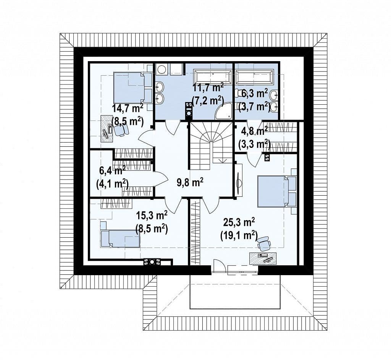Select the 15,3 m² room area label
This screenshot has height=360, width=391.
click(x=152, y=215)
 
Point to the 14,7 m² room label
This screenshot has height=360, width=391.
click(x=128, y=109)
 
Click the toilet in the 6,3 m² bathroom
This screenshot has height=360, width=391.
click(x=240, y=93)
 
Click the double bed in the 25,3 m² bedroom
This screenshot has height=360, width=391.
click(x=277, y=191)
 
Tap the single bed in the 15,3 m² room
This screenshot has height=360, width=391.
click(x=120, y=238)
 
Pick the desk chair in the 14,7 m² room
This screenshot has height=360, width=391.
click(x=121, y=130)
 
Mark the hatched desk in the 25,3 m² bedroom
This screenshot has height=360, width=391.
click(x=263, y=258)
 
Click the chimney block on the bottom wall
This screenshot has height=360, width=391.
click(x=152, y=262)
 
